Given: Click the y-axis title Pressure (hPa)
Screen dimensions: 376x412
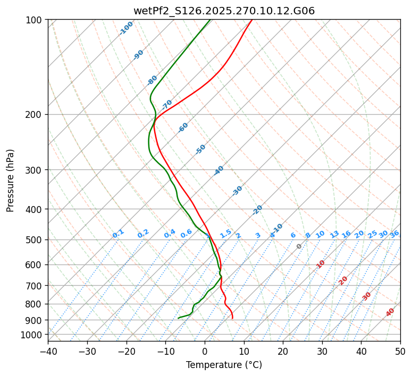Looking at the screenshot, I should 11,180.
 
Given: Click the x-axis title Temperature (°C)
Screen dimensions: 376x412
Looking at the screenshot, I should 224,365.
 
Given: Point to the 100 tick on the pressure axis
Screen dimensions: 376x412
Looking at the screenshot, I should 35,20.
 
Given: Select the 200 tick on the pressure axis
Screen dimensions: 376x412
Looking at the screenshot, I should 35,114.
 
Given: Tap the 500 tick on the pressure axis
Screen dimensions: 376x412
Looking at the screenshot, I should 35,240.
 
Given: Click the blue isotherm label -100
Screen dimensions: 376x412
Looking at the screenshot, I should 127,28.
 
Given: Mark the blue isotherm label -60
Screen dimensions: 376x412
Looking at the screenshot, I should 183,127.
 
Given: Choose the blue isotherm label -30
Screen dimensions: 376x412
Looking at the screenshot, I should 238,191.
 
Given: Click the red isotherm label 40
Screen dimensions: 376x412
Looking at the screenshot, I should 390,312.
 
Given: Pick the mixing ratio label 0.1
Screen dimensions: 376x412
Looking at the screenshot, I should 118,234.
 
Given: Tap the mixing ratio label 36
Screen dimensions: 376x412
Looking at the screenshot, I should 394,234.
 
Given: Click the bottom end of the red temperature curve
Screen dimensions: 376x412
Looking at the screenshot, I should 232,318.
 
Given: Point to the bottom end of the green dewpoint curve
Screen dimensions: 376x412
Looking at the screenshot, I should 179,318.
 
